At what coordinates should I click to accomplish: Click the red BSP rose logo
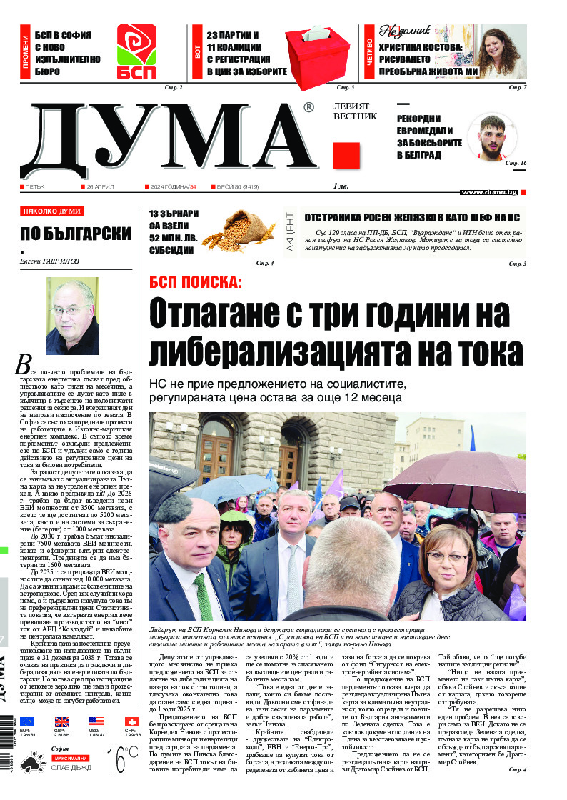[x=136, y=51]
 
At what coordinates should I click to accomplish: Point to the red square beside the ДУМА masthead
[x=346, y=155]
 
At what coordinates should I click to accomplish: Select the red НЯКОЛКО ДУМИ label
[x=52, y=211]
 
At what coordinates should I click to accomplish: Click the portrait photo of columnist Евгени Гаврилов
[x=73, y=316]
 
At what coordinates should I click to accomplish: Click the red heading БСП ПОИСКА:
[x=195, y=281]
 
